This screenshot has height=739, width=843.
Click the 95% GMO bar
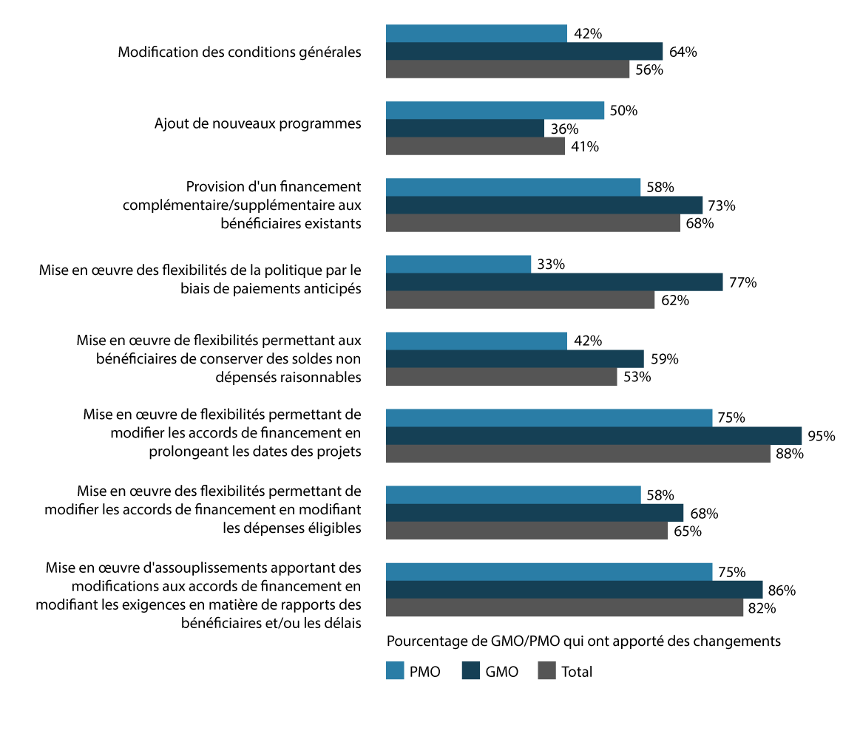click(594, 436)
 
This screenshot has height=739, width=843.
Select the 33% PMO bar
click(458, 265)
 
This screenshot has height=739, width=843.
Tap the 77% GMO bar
click(555, 282)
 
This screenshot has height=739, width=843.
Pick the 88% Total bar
click(578, 454)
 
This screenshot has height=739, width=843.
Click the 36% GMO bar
click(465, 129)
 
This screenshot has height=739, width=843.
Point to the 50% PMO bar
click(495, 111)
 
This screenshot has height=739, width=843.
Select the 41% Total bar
click(475, 146)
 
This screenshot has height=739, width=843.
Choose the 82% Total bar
click(565, 607)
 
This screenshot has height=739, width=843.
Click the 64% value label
click(683, 52)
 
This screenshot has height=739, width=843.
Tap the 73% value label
click(722, 205)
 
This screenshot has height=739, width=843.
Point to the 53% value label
click(637, 377)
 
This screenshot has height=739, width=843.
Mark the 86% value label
click(782, 590)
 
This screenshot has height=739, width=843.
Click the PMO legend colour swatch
click(395, 671)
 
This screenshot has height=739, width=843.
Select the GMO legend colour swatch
click(470, 671)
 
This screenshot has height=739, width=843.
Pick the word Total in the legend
click(577, 672)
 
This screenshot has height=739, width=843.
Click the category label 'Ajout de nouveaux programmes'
click(258, 123)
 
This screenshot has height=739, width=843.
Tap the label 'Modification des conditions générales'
click(240, 52)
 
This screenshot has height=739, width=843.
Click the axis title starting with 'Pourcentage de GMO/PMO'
click(584, 641)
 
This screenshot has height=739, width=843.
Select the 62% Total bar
click(521, 300)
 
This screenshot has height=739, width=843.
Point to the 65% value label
click(687, 531)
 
